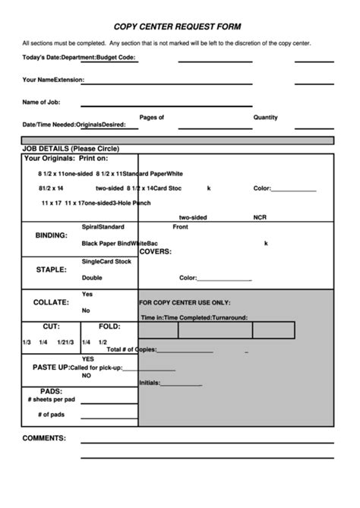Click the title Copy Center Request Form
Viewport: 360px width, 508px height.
(x=177, y=26)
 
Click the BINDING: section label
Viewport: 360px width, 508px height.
(x=52, y=235)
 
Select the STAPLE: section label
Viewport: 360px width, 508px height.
(x=51, y=270)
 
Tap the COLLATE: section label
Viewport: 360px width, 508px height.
(x=51, y=302)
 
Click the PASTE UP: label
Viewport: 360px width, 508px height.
(x=51, y=368)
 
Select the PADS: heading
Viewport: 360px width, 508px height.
(x=52, y=391)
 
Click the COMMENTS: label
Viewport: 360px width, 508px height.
(x=44, y=438)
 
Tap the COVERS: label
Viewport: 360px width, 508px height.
(x=155, y=251)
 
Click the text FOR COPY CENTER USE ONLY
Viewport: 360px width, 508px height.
(x=185, y=301)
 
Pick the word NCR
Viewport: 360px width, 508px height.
(x=260, y=217)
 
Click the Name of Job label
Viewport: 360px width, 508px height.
(x=41, y=102)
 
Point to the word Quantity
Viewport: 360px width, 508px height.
(x=266, y=118)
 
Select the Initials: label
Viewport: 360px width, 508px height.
(x=150, y=383)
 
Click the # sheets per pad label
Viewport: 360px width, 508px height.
(x=51, y=399)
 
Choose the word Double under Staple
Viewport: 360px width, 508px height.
(x=92, y=278)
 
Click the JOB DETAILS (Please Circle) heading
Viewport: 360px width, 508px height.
(x=71, y=149)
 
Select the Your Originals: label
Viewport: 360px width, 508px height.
(x=49, y=159)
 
